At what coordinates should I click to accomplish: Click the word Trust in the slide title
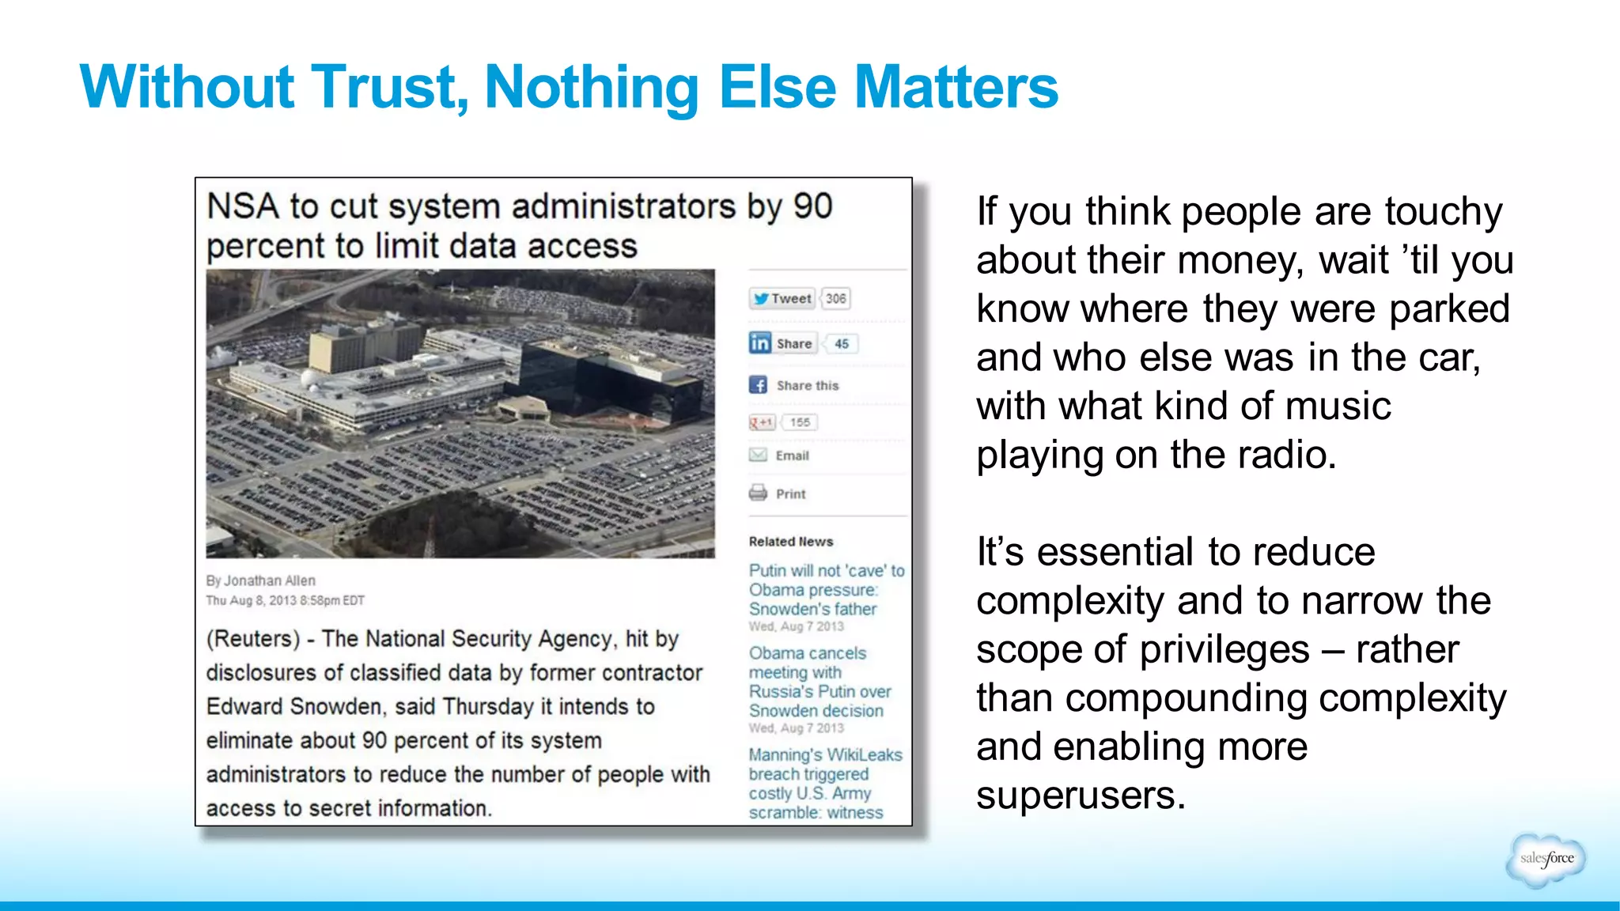[x=386, y=87]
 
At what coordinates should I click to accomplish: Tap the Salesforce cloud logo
[x=1546, y=859]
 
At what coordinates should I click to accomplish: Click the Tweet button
[x=782, y=299]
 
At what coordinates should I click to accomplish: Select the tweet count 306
[x=835, y=299]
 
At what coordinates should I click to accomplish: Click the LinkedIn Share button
[x=782, y=343]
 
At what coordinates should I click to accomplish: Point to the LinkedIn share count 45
[x=842, y=344]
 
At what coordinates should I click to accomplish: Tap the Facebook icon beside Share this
[x=758, y=385]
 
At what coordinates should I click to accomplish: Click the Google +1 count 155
[x=800, y=422]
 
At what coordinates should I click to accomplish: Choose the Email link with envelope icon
[x=780, y=455]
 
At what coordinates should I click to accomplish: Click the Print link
[x=778, y=493]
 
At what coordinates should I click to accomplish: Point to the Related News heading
[x=790, y=542]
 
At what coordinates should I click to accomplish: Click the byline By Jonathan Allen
[x=260, y=580]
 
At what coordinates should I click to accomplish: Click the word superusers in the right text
[x=1080, y=796]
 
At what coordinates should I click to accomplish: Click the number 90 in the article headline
[x=812, y=206]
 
